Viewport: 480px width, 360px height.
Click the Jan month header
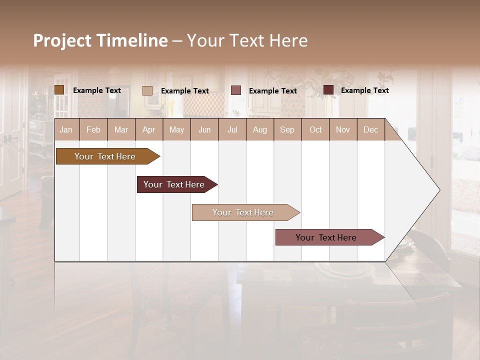point(66,129)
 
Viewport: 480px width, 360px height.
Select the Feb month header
point(93,129)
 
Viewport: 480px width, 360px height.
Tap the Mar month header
point(121,129)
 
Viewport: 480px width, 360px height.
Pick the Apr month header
point(149,129)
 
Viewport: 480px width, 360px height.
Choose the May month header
point(176,129)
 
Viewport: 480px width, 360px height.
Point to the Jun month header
point(204,129)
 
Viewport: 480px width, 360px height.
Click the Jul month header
point(232,129)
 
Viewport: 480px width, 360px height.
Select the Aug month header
point(260,129)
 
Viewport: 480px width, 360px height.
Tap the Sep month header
point(287,129)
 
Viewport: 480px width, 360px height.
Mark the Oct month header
point(315,129)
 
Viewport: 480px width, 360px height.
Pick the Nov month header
point(343,129)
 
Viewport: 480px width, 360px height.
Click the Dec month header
point(371,129)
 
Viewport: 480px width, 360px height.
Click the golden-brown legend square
point(59,90)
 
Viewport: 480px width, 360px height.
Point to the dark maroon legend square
point(328,90)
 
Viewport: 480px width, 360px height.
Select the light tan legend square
point(147,90)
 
